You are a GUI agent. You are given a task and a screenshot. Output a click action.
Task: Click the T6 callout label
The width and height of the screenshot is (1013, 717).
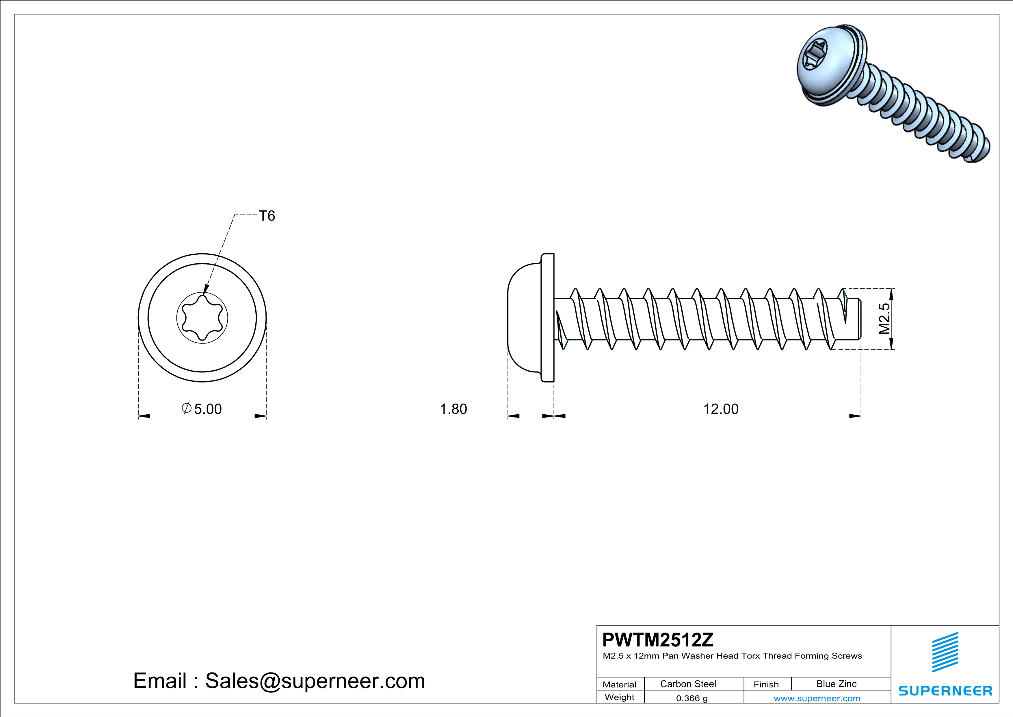267,216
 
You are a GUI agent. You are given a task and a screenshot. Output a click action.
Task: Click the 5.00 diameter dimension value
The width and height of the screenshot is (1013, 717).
207,409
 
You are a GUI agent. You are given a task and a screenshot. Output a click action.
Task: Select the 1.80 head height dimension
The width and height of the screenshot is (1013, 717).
453,409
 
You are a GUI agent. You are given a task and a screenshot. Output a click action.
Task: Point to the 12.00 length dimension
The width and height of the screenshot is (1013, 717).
720,409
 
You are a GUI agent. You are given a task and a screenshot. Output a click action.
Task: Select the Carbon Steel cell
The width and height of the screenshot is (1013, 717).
688,684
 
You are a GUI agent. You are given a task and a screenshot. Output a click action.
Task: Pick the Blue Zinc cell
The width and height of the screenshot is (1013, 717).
836,684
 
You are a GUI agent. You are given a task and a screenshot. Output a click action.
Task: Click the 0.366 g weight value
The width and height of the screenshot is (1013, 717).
691,698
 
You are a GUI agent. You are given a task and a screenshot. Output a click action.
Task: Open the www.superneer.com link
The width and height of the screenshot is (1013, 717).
817,698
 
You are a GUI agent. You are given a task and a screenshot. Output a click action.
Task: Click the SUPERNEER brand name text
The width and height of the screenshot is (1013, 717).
945,690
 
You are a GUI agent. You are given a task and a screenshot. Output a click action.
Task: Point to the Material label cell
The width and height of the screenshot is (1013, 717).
620,684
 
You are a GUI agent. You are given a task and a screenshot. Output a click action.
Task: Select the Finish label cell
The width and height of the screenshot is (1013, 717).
766,684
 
